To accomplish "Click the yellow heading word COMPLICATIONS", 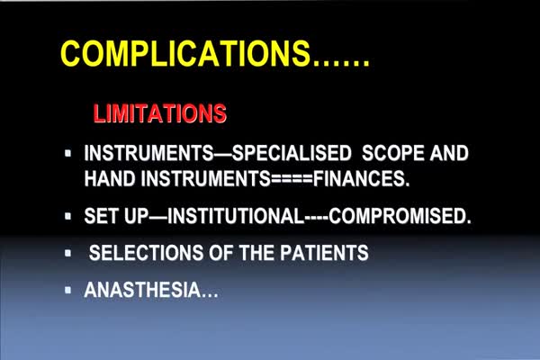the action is pos(185,54).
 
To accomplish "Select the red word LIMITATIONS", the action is pos(160,113).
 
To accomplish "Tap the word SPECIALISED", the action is pos(292,153).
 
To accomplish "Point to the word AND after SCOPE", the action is pos(449,153).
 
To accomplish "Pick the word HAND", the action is pos(110,178).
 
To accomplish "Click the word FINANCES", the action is pos(361,178).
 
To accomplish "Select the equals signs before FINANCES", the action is pos(292,179).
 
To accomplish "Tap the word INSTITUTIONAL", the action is pos(236,216).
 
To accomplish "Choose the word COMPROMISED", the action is pos(400,216).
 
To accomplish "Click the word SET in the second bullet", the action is pos(101,216).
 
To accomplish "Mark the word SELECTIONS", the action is pos(146,253).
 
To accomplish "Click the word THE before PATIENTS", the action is pos(256,253).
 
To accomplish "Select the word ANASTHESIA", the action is pos(142,290).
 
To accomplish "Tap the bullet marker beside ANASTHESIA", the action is pos(67,290).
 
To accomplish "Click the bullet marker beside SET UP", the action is pos(67,216).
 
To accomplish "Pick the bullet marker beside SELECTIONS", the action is pos(67,253).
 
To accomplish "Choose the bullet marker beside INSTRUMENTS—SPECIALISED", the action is pos(67,153).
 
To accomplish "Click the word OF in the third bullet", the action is pos(220,253).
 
